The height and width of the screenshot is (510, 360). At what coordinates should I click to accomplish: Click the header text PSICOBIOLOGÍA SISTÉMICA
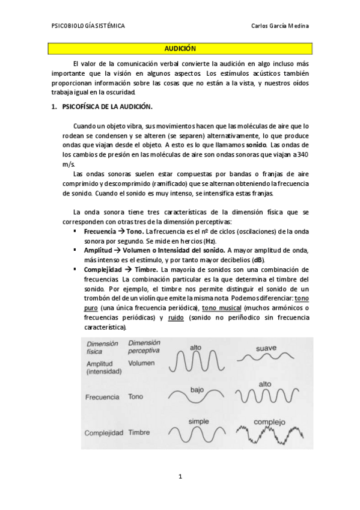click(x=89, y=26)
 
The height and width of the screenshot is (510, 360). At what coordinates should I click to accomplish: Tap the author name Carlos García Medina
click(x=282, y=26)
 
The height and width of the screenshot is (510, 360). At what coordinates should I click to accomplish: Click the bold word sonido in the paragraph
click(x=257, y=146)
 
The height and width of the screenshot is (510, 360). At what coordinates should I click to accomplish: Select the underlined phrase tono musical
click(x=219, y=309)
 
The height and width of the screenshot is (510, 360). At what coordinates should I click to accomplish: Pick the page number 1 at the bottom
click(x=180, y=477)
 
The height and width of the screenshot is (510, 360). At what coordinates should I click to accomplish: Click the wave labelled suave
click(x=265, y=357)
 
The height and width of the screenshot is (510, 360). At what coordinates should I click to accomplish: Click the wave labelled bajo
click(x=195, y=396)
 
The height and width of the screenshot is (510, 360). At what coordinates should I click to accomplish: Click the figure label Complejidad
click(x=104, y=432)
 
